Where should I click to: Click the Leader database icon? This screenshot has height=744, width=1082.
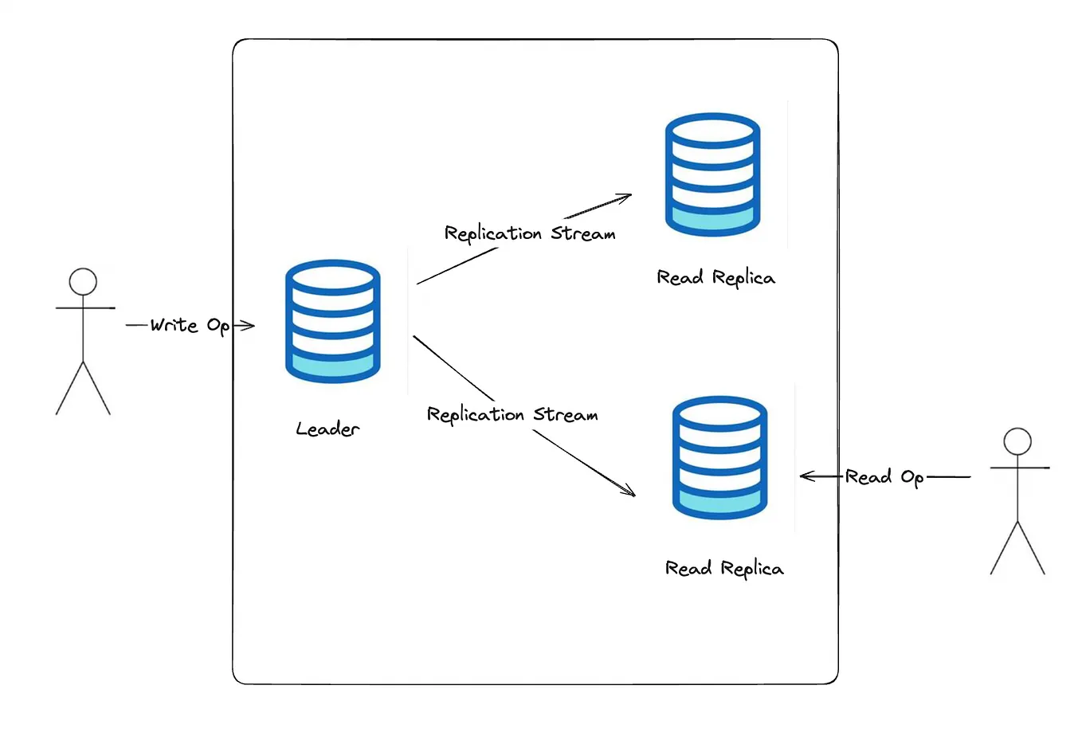[332, 321]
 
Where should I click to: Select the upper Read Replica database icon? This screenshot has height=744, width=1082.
[712, 174]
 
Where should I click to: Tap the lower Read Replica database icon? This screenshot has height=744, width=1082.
[719, 458]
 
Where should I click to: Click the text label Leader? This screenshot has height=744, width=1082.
[327, 429]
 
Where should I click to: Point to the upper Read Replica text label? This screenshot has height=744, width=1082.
[715, 278]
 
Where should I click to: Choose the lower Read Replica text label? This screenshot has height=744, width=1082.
[724, 569]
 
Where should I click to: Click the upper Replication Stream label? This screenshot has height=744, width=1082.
[530, 233]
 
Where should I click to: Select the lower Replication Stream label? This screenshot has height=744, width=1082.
[512, 414]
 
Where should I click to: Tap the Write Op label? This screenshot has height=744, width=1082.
[190, 325]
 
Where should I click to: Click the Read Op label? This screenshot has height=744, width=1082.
[884, 477]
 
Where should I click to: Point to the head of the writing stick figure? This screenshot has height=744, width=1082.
[83, 281]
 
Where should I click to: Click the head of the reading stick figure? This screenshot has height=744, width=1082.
[1017, 441]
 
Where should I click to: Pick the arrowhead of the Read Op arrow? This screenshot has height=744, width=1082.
[805, 476]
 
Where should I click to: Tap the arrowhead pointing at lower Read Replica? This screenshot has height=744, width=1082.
[630, 492]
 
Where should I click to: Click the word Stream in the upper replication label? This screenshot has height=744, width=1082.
[583, 234]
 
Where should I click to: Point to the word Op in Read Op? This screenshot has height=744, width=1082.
[912, 478]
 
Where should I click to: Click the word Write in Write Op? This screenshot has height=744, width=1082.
[174, 325]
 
